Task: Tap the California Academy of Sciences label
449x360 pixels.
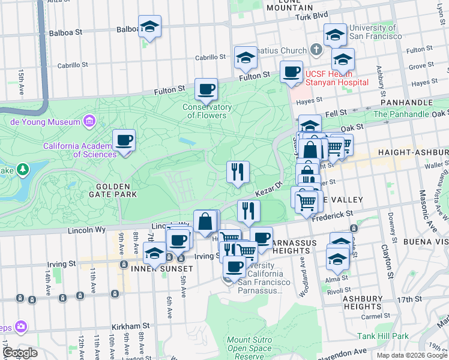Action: pyautogui.click(x=79, y=150)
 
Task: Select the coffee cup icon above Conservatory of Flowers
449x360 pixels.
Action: pyautogui.click(x=206, y=90)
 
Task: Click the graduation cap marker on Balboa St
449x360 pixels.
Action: pyautogui.click(x=150, y=27)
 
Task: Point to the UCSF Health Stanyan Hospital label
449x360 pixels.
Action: pyautogui.click(x=336, y=78)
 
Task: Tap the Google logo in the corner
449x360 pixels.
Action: pyautogui.click(x=20, y=353)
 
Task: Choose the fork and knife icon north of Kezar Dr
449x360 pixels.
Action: pyautogui.click(x=238, y=172)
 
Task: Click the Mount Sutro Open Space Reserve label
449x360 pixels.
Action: pyautogui.click(x=250, y=348)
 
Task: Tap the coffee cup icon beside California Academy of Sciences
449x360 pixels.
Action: pyautogui.click(x=124, y=141)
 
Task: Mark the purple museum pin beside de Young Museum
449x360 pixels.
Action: pyautogui.click(x=89, y=122)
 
